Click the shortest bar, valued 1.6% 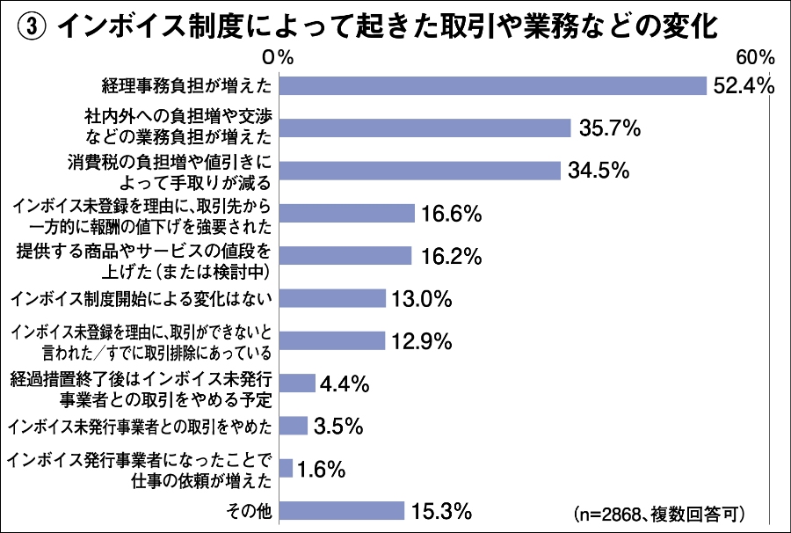click(286, 469)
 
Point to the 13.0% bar click(333, 298)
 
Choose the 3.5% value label click(338, 427)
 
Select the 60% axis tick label click(754, 57)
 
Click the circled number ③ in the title click(31, 27)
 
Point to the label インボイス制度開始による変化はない click(142, 299)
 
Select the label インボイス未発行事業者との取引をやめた click(140, 427)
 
